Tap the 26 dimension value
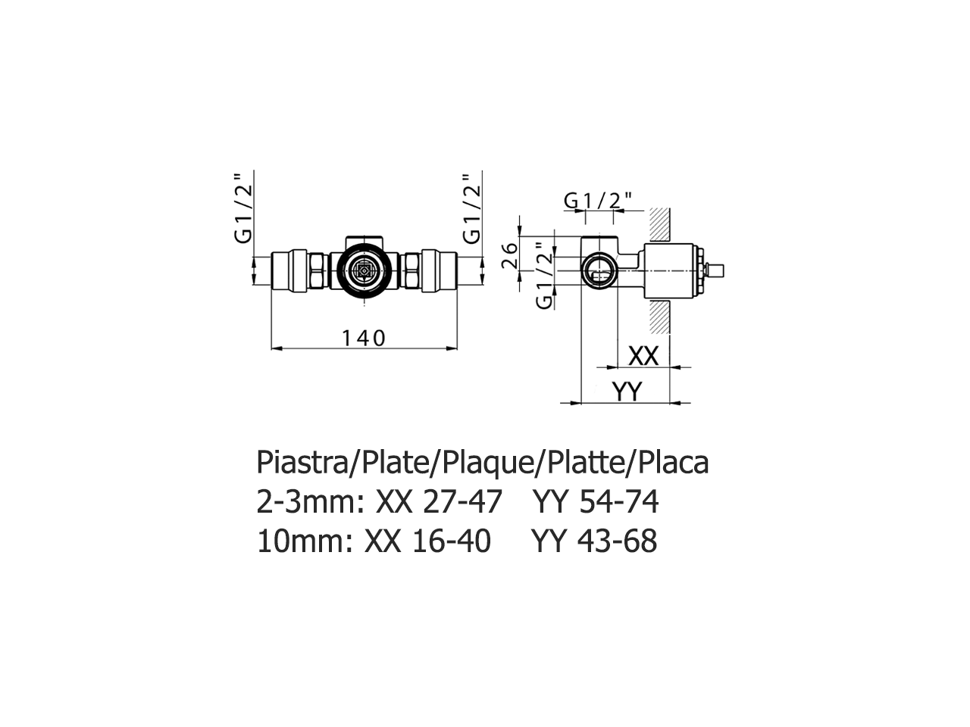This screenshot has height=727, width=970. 510,254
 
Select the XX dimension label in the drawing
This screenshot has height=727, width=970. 643,355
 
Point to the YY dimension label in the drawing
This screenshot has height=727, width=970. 627,391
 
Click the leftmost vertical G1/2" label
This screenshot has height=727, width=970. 243,208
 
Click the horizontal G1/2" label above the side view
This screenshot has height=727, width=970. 599,200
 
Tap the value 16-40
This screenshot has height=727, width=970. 452,541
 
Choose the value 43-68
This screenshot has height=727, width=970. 618,541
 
